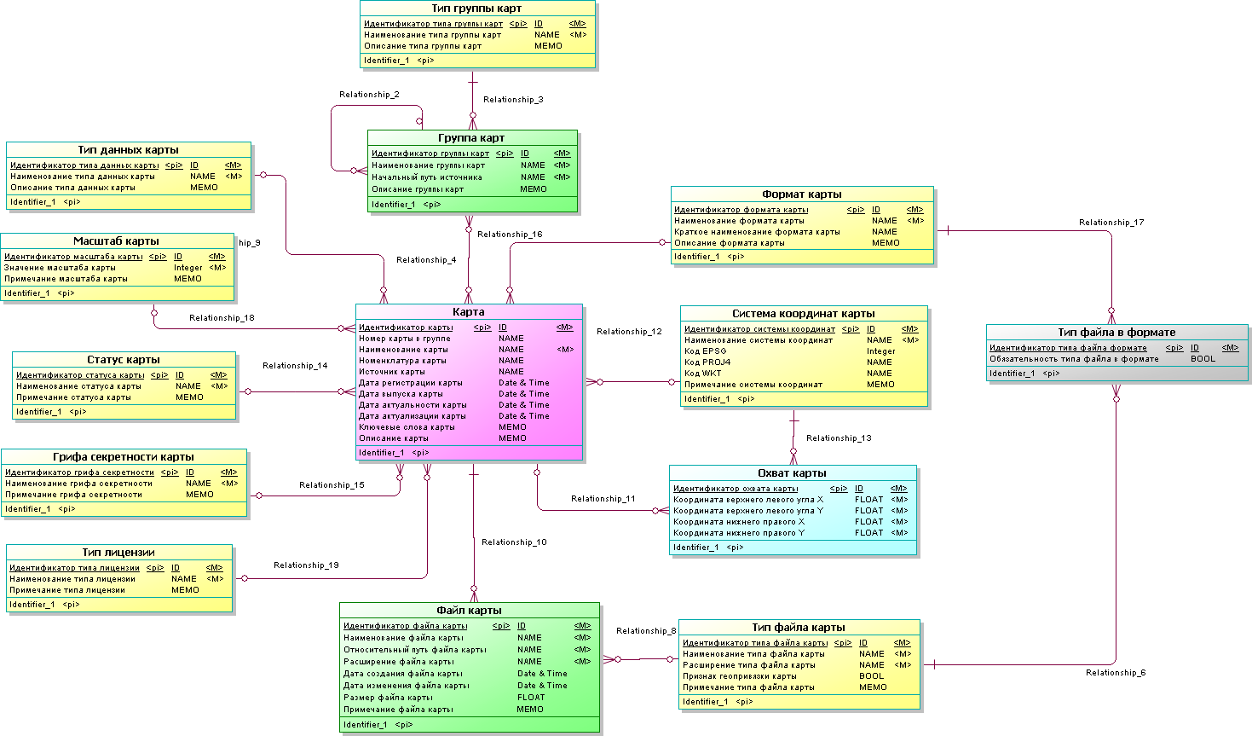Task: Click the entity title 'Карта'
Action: [469, 312]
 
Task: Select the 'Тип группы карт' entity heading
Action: [476, 9]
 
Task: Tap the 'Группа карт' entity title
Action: [471, 138]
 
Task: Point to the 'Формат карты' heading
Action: [801, 194]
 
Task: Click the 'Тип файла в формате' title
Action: [1116, 333]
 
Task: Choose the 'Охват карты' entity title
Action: [792, 473]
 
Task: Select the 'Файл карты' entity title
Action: [469, 611]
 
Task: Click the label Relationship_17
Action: [1111, 223]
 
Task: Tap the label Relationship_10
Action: [514, 542]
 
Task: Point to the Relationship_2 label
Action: [369, 95]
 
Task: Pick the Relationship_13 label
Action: [839, 438]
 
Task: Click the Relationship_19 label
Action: [306, 565]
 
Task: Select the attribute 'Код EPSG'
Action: [705, 351]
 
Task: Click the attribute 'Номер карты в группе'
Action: [405, 339]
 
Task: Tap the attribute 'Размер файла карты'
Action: [388, 698]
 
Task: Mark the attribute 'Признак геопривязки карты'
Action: [739, 676]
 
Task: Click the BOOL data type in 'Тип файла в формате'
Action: [1203, 359]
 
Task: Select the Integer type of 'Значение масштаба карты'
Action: [188, 268]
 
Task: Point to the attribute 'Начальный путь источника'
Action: [426, 177]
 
